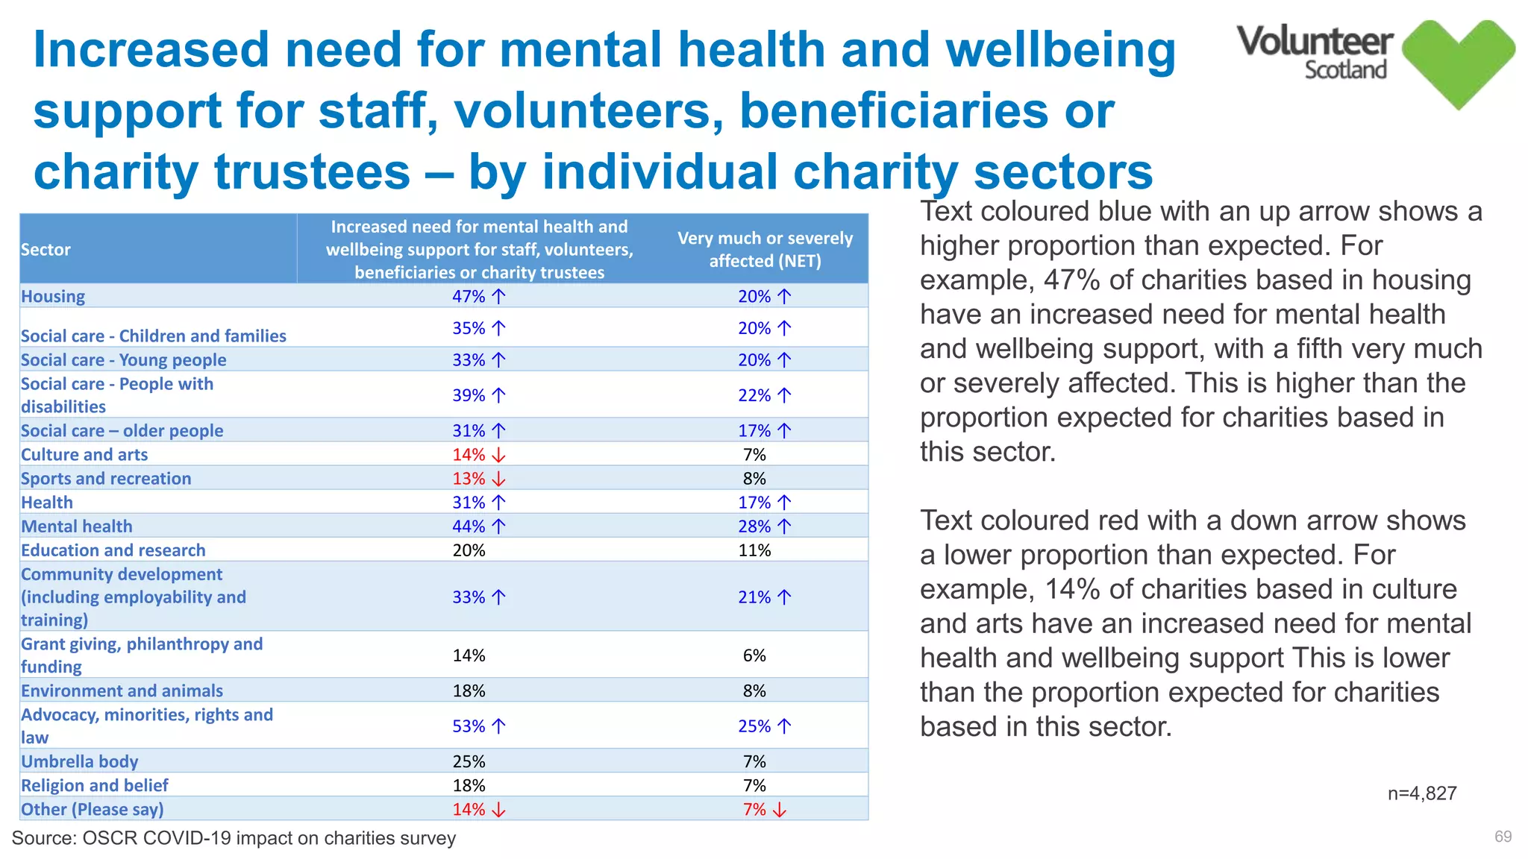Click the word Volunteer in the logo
pyautogui.click(x=1315, y=41)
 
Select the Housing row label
pyautogui.click(x=53, y=296)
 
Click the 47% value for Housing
pyautogui.click(x=469, y=296)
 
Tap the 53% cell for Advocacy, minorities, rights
pyautogui.click(x=469, y=726)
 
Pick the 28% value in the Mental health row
pyautogui.click(x=754, y=526)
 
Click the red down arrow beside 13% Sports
pyautogui.click(x=499, y=479)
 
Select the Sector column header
pyautogui.click(x=46, y=249)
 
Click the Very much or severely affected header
pyautogui.click(x=765, y=249)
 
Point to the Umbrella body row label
pyautogui.click(x=80, y=761)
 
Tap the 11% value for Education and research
pyautogui.click(x=754, y=550)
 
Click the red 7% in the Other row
pyautogui.click(x=754, y=809)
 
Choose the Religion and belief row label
pyautogui.click(x=95, y=785)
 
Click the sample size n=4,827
pyautogui.click(x=1421, y=793)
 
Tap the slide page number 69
pyautogui.click(x=1503, y=837)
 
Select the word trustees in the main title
pyautogui.click(x=312, y=172)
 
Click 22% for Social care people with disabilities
pyautogui.click(x=754, y=395)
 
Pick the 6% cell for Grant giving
pyautogui.click(x=754, y=655)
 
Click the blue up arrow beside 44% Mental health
pyautogui.click(x=499, y=526)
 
